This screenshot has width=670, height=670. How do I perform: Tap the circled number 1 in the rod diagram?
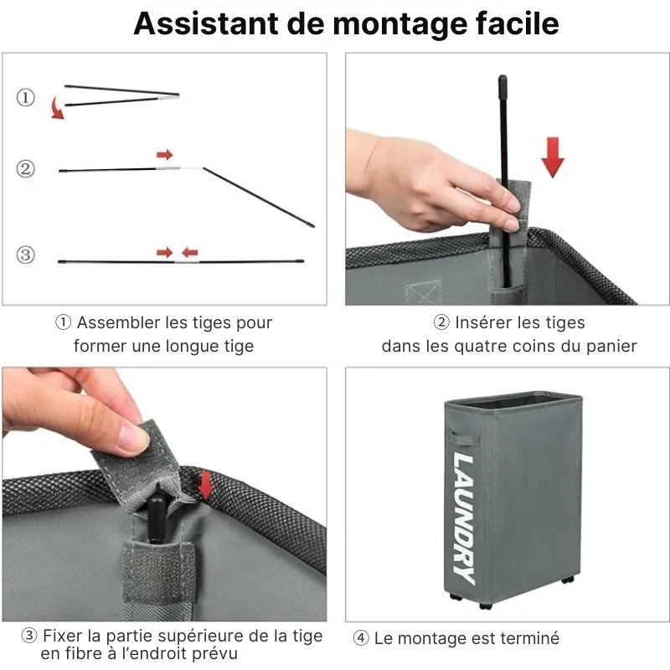point(25,98)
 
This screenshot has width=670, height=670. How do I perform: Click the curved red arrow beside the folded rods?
point(56,109)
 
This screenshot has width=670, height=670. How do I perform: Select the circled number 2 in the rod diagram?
point(25,169)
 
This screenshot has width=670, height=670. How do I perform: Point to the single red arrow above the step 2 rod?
point(165,155)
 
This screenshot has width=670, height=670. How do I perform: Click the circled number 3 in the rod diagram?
point(25,255)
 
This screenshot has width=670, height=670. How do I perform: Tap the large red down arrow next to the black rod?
point(552,156)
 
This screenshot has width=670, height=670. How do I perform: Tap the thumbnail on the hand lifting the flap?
point(133,436)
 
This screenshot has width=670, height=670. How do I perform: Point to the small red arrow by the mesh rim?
point(206,484)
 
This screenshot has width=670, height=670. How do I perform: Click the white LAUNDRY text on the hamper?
point(464,518)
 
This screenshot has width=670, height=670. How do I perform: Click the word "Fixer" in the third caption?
point(62,636)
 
